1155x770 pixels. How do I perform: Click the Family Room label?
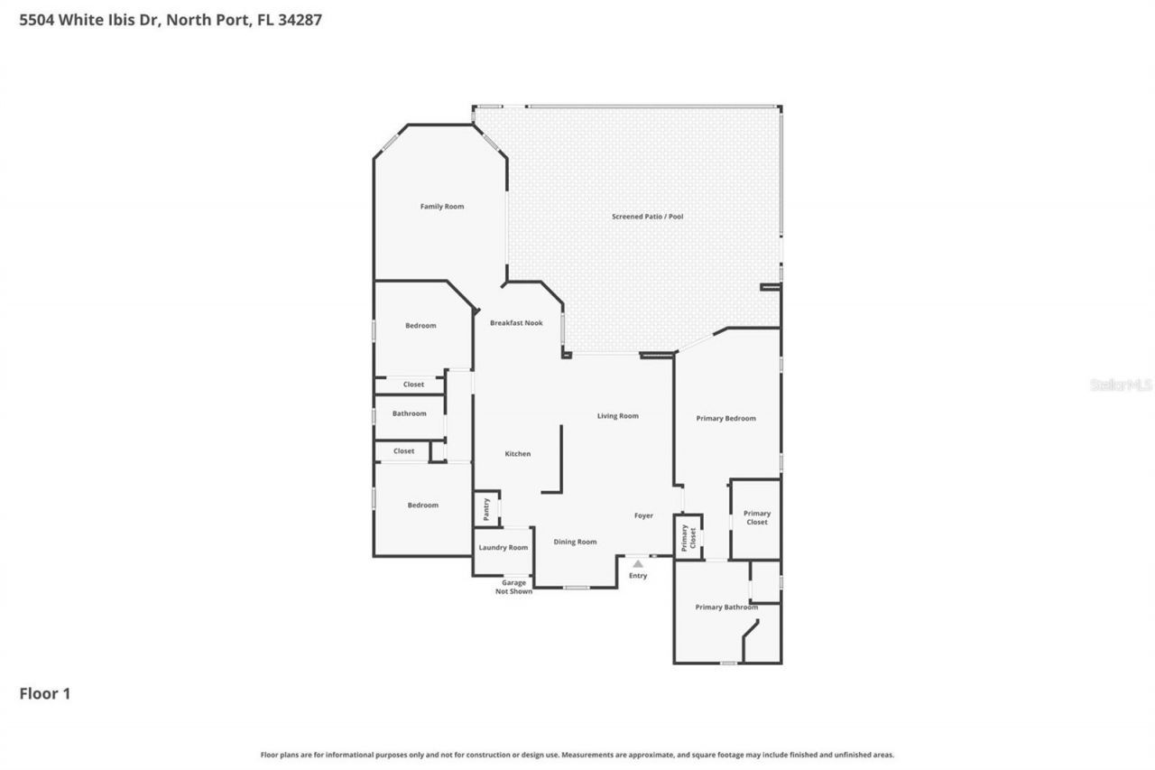point(442,207)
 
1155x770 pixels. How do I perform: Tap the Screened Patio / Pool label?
point(647,217)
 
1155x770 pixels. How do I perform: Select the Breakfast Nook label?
point(516,323)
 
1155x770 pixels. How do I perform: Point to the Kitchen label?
point(517,454)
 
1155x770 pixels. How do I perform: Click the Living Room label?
point(617,416)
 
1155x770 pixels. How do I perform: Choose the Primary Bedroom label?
point(725,419)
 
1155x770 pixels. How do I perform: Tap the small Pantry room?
point(486,509)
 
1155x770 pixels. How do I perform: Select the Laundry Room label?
point(504,548)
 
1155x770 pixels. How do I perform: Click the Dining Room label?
point(575,542)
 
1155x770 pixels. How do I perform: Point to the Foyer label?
point(643,515)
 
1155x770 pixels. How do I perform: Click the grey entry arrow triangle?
point(638,564)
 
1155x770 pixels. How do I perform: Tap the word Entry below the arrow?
point(638,576)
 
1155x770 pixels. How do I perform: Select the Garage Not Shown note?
point(513,587)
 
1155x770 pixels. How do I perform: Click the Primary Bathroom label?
point(726,608)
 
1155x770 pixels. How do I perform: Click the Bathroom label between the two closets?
point(409,413)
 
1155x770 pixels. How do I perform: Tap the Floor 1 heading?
point(45,693)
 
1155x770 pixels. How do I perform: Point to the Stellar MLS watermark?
point(1121,385)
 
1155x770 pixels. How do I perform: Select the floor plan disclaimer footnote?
point(577,755)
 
